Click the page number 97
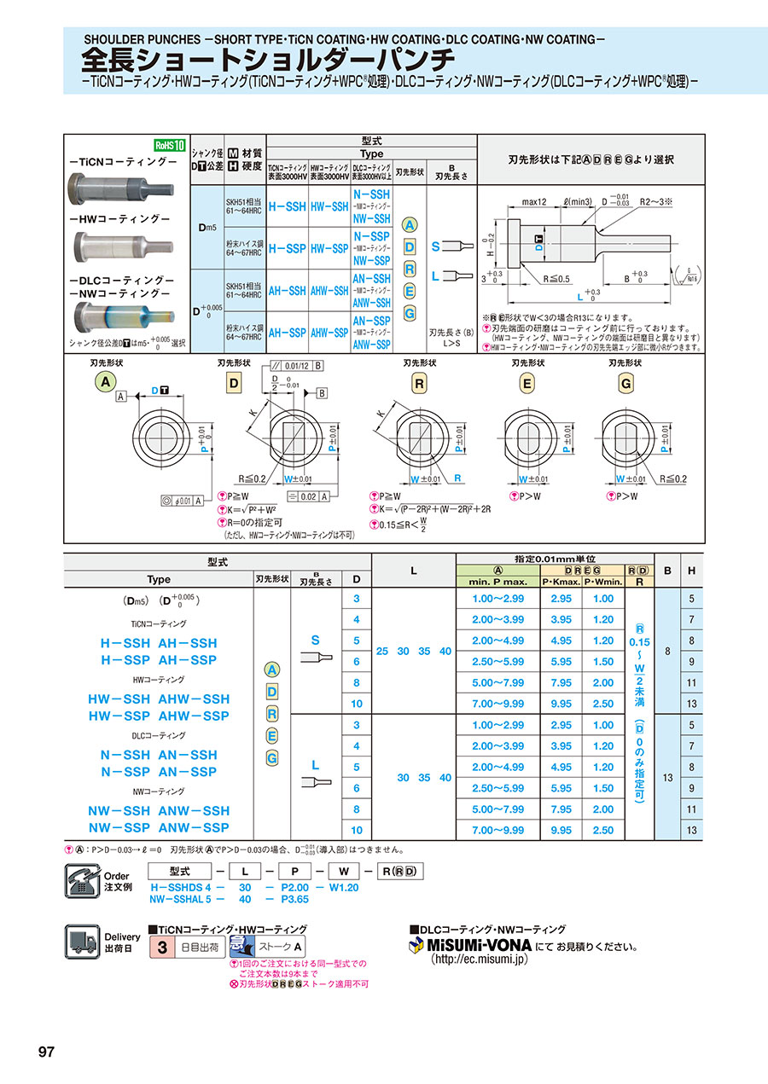pyautogui.click(x=46, y=1052)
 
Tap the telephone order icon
pyautogui.click(x=83, y=879)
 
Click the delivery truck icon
pyautogui.click(x=83, y=942)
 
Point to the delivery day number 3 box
pyautogui.click(x=160, y=946)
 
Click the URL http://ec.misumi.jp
pyautogui.click(x=480, y=959)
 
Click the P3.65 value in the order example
pyautogui.click(x=294, y=898)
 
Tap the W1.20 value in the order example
pyautogui.click(x=343, y=887)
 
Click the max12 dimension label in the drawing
pyautogui.click(x=533, y=203)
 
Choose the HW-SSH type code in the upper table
pyautogui.click(x=329, y=206)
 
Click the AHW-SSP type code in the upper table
pyautogui.click(x=329, y=333)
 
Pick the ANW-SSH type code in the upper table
pyautogui.click(x=371, y=303)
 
